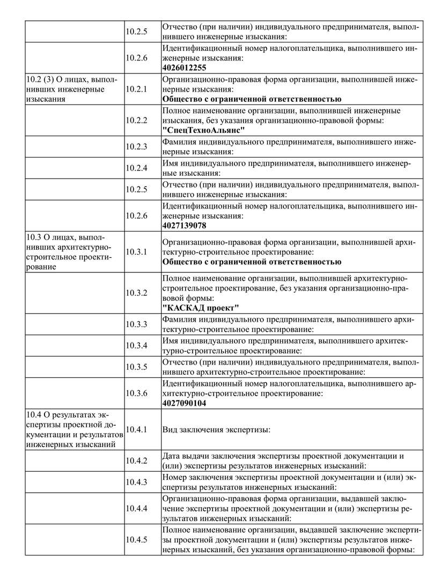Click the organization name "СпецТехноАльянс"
[203, 130]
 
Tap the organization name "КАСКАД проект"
[201, 307]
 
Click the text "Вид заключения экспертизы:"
[216, 429]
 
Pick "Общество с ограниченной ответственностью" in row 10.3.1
[252, 262]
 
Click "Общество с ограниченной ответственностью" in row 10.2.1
[252, 99]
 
